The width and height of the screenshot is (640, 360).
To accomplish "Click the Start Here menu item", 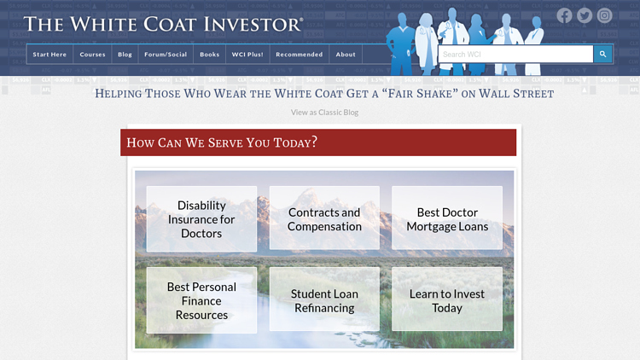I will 49,55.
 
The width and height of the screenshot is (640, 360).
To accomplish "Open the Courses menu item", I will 92,55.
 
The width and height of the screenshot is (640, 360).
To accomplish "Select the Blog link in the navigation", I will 125,55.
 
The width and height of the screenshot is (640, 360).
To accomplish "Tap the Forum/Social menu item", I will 166,55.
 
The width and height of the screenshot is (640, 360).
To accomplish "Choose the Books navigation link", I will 209,55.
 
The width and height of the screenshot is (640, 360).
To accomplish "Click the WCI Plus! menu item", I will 247,55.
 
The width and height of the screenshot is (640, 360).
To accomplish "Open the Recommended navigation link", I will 299,55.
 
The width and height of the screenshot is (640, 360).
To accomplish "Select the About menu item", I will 346,55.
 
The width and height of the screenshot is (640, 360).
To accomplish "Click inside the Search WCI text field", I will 515,55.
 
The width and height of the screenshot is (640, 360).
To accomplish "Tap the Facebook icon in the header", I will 564,15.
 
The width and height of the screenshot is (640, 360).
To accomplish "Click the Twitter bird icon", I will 585,15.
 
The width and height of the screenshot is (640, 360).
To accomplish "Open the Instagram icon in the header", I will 605,15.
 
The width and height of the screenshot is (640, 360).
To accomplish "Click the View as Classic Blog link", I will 324,113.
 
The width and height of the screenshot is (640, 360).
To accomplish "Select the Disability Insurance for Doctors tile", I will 201,219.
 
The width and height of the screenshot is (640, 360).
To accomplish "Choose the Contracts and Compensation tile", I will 324,219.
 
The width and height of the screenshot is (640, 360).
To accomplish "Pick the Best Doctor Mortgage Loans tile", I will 447,219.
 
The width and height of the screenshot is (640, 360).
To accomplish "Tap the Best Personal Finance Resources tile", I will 201,300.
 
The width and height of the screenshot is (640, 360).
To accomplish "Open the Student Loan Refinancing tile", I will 324,300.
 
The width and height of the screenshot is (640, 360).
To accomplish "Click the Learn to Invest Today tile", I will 447,300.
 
